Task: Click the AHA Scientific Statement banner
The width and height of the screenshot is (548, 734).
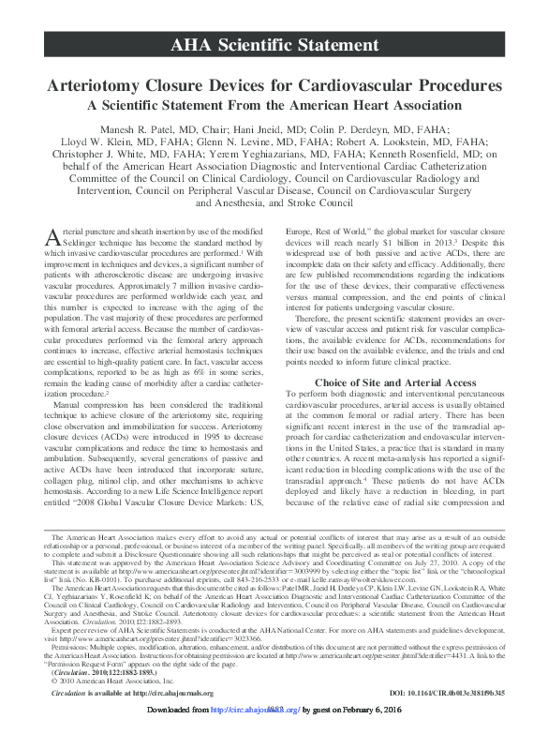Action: click(x=274, y=45)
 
